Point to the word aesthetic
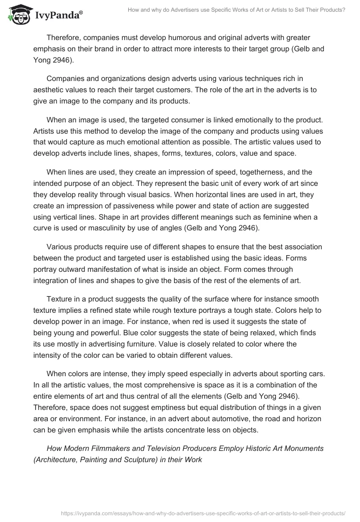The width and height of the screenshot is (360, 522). [53, 90]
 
